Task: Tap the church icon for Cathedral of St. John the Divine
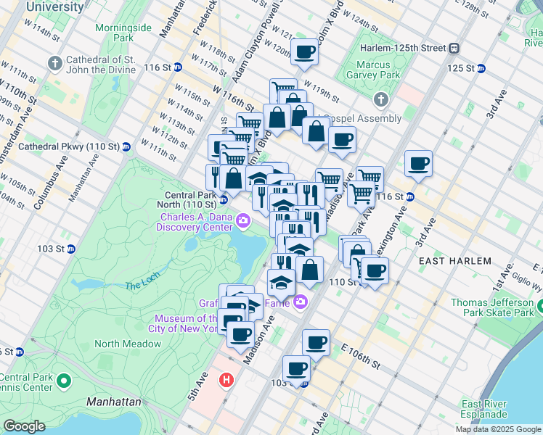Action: click(54, 63)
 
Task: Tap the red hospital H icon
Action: click(227, 379)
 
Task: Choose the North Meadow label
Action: click(117, 344)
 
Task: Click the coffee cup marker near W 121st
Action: click(305, 51)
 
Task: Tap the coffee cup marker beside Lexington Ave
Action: click(418, 163)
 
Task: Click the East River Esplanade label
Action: click(483, 409)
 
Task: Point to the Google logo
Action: click(24, 426)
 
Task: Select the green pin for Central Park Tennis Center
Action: click(64, 380)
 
